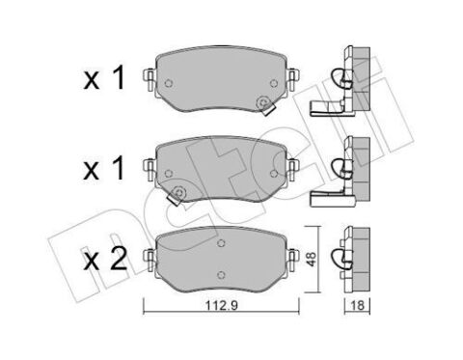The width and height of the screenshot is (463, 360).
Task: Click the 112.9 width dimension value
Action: (222, 305)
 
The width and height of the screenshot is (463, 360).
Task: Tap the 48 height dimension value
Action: (312, 259)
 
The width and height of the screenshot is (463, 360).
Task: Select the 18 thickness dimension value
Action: (357, 305)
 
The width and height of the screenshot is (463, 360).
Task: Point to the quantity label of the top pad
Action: (104, 78)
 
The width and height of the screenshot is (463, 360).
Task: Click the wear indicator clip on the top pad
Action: (265, 106)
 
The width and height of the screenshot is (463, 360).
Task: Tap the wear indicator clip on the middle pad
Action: (177, 196)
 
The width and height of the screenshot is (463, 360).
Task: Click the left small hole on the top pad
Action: (169, 83)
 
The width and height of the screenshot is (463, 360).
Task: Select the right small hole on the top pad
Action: (274, 83)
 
